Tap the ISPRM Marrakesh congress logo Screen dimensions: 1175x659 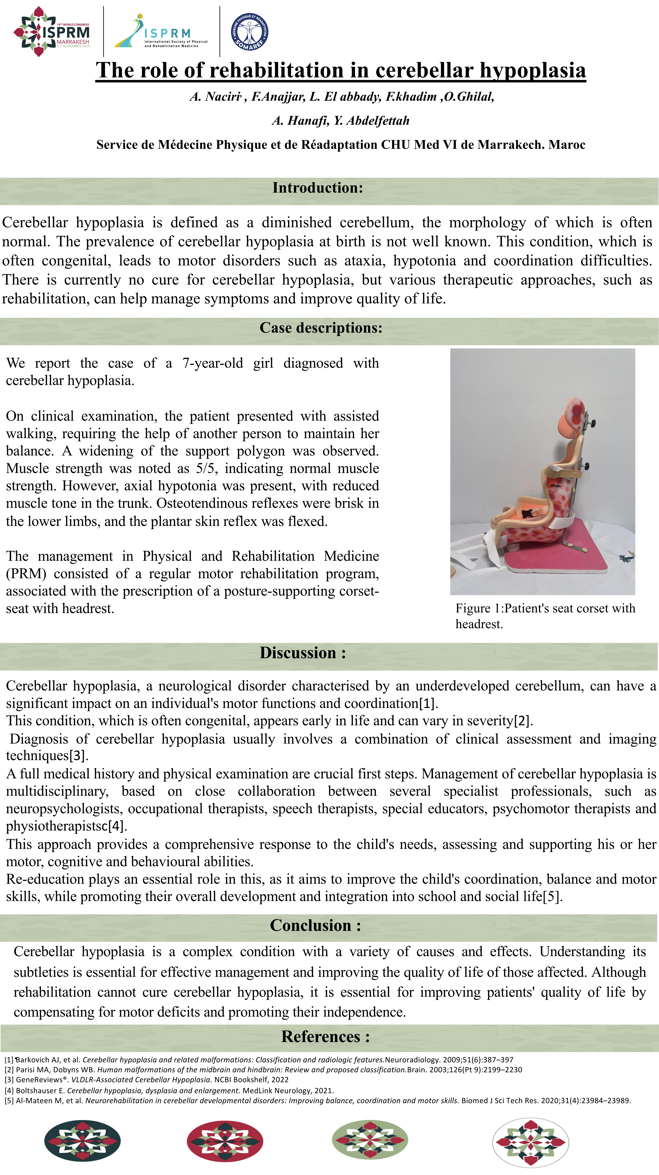click(52, 31)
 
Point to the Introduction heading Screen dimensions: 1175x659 click(318, 188)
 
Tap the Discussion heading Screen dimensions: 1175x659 click(303, 653)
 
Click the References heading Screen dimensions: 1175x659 click(325, 1036)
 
